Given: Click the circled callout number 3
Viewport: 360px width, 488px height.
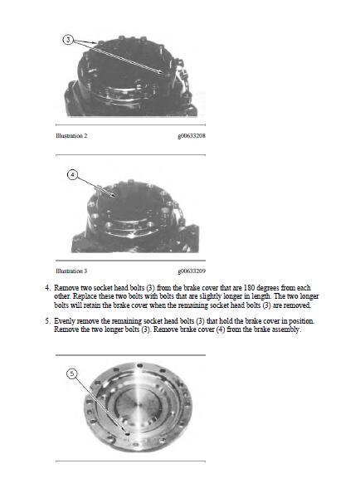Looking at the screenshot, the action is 69,40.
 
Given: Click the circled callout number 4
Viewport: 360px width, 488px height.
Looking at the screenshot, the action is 72,175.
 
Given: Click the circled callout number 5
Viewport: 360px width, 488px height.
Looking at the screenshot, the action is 72,373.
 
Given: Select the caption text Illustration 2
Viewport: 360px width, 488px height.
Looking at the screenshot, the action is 71,136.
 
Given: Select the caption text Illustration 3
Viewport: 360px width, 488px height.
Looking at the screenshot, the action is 71,271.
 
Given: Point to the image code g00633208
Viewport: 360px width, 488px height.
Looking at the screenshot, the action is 192,136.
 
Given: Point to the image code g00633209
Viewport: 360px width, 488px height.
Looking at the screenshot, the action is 192,271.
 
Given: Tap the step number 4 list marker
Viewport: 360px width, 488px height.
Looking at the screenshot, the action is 47,287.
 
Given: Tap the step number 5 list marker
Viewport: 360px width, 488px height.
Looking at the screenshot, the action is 47,321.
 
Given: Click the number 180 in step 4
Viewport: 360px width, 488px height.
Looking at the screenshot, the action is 249,287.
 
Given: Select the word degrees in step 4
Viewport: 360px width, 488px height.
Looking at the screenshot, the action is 268,288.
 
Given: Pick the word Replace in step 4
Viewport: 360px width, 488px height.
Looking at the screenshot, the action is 84,296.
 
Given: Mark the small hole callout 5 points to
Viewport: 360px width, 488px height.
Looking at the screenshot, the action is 127,432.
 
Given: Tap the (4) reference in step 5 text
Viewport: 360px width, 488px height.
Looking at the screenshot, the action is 221,329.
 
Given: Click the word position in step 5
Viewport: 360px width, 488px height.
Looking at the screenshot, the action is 301,321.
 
